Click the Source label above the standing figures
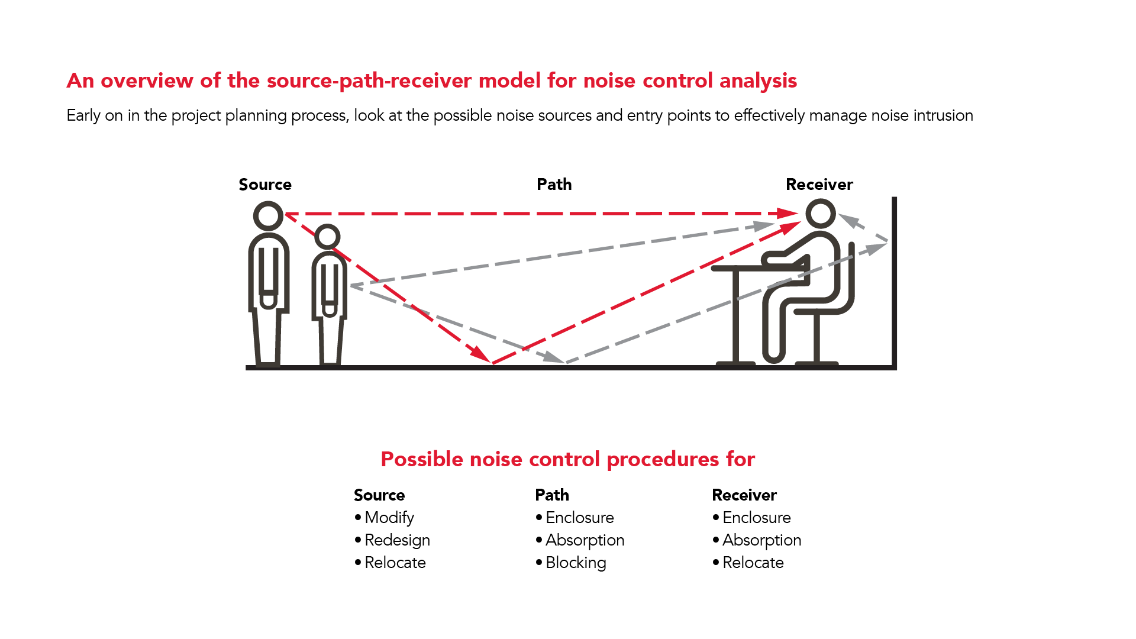click(x=265, y=185)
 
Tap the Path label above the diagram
click(x=554, y=185)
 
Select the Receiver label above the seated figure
click(x=819, y=185)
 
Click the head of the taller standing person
click(x=268, y=215)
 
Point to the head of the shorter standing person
click(x=327, y=237)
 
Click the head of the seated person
click(x=821, y=213)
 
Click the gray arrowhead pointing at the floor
click(x=554, y=357)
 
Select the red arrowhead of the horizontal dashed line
click(x=788, y=213)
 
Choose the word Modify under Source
click(x=389, y=518)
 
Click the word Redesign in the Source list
click(x=397, y=540)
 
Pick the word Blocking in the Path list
click(x=576, y=563)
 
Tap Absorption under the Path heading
click(x=585, y=540)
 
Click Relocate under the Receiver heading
click(x=753, y=563)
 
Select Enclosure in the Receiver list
click(x=756, y=518)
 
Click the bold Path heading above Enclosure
click(x=552, y=495)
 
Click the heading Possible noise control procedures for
click(x=567, y=459)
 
